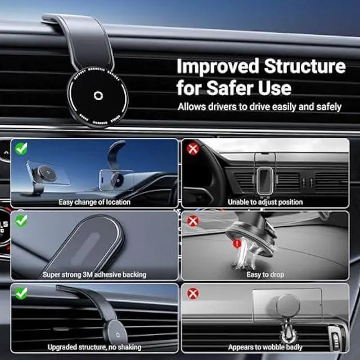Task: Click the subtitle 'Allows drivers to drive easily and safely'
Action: coord(259,106)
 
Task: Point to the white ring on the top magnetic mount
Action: coord(97,95)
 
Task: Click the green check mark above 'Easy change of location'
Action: coord(21,149)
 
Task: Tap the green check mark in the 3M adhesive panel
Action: coord(21,221)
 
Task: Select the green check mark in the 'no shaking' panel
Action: coord(21,293)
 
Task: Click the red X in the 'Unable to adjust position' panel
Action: coord(193,149)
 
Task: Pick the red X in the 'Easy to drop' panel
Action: coord(193,221)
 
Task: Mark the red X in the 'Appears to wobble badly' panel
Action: coord(193,293)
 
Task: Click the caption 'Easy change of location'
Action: coord(94,202)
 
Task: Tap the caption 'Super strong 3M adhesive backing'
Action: coord(94,274)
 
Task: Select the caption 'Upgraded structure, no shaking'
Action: coord(94,347)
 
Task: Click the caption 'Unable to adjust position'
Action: coord(265,202)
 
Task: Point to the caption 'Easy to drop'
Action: coord(265,274)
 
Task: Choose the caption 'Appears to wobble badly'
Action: coord(265,347)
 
